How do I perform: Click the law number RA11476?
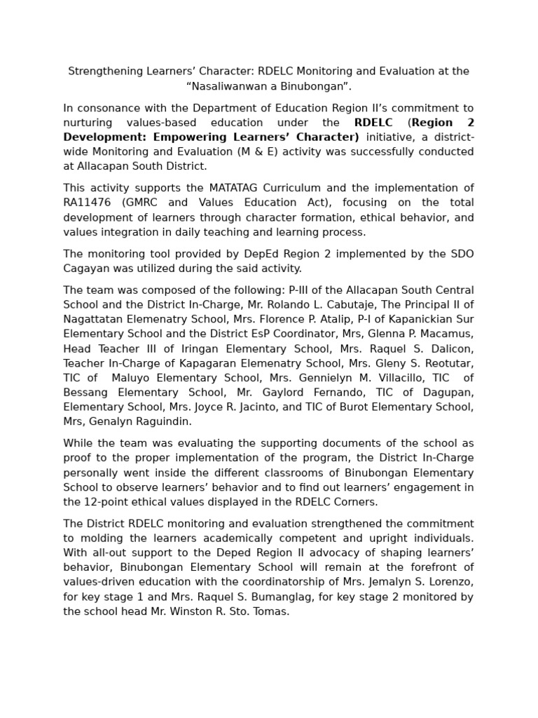89,203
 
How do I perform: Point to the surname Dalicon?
449,348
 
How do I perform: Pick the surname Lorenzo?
448,582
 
